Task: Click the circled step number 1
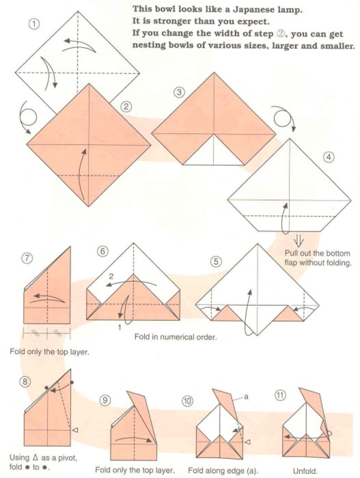coord(34,24)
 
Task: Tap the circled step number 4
coord(328,157)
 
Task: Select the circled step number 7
coord(27,258)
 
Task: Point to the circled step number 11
coord(280,395)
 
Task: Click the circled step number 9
coord(105,400)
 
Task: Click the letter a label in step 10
coord(246,397)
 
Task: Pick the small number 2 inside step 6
coord(111,276)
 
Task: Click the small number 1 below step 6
coord(120,327)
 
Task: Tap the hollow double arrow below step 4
coord(299,241)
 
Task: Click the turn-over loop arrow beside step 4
coord(283,117)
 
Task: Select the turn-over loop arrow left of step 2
coord(27,117)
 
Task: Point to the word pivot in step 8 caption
coord(67,458)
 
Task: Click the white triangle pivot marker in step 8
coord(74,430)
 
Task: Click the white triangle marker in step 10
coord(248,442)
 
